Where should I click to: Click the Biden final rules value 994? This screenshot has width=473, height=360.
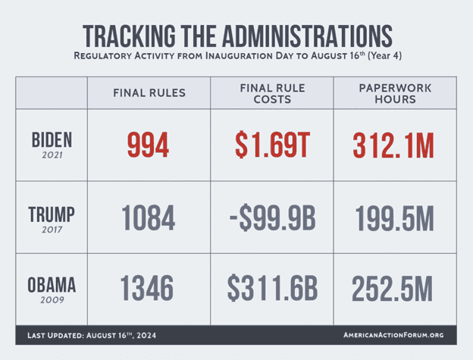tap(148, 145)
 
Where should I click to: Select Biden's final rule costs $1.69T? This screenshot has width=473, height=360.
tap(272, 145)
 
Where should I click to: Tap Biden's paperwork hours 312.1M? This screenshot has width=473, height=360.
tap(393, 145)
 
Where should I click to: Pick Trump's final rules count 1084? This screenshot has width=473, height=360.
tap(148, 218)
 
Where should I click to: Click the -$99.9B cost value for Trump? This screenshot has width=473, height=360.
tap(272, 218)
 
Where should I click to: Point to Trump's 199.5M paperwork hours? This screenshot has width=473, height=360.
tap(393, 218)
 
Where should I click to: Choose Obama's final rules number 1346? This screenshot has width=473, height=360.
tap(148, 289)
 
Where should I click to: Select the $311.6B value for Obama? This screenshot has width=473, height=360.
tap(272, 289)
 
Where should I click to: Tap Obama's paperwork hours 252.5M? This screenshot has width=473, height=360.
tap(393, 289)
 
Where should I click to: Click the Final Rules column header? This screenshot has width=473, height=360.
tap(149, 93)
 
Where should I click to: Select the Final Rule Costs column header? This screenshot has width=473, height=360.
tap(271, 93)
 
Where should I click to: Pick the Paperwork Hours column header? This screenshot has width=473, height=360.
tap(393, 93)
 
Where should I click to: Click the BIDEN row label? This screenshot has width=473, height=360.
tap(52, 139)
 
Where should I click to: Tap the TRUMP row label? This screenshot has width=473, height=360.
tap(52, 213)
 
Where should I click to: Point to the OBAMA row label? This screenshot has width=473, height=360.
tap(52, 285)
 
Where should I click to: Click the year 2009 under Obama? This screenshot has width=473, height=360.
tap(52, 300)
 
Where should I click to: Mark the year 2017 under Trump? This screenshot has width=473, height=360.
tap(52, 228)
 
